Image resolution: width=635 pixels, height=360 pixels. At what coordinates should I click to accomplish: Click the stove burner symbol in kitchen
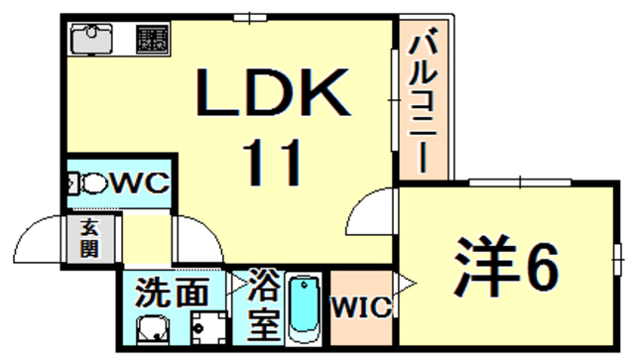pyautogui.click(x=152, y=40)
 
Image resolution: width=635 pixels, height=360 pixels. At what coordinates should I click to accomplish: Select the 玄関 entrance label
pyautogui.click(x=89, y=239)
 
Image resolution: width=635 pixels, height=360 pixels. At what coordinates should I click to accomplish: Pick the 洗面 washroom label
pyautogui.click(x=173, y=294)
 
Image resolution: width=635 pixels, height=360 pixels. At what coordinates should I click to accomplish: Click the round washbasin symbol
pyautogui.click(x=152, y=326)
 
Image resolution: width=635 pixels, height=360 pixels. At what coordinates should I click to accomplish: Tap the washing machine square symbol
pyautogui.click(x=207, y=324)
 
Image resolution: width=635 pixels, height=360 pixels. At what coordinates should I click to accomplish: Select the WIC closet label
pyautogui.click(x=359, y=307)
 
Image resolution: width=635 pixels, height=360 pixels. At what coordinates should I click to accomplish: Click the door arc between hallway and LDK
pyautogui.click(x=194, y=238)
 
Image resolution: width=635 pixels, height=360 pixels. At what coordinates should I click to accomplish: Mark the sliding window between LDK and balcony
pyautogui.click(x=394, y=99)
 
